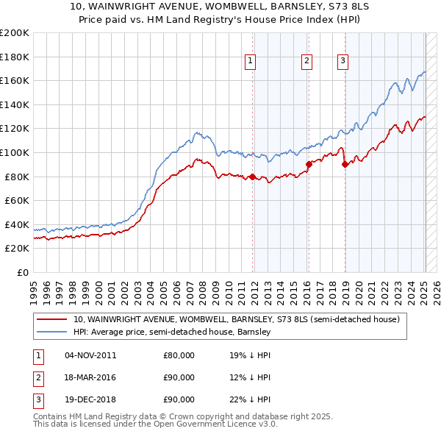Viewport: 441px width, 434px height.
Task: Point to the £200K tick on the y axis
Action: [x=15, y=33]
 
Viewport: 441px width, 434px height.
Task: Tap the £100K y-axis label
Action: [x=15, y=152]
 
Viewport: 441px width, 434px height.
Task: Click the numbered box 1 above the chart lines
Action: [x=251, y=62]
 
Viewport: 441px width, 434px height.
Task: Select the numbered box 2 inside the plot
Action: [x=306, y=62]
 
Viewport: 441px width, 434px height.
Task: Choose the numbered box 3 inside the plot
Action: [x=343, y=62]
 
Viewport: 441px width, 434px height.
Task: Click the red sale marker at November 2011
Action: [x=252, y=177]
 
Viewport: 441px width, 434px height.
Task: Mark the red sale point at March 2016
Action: [x=309, y=165]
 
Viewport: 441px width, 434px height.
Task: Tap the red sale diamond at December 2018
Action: [x=345, y=165]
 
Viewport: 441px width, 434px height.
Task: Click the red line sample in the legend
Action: [x=53, y=320]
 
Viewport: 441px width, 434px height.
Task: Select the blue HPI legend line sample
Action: [x=53, y=332]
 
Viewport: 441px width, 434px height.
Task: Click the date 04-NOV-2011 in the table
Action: [x=90, y=355]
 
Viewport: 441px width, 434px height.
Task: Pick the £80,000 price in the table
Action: [x=179, y=355]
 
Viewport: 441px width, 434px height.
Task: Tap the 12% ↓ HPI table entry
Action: [x=250, y=377]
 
